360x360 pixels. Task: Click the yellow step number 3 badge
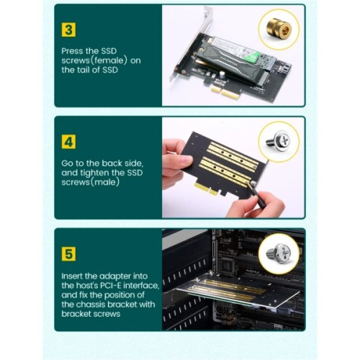tap(70, 31)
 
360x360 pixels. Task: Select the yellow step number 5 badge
tap(70, 253)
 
